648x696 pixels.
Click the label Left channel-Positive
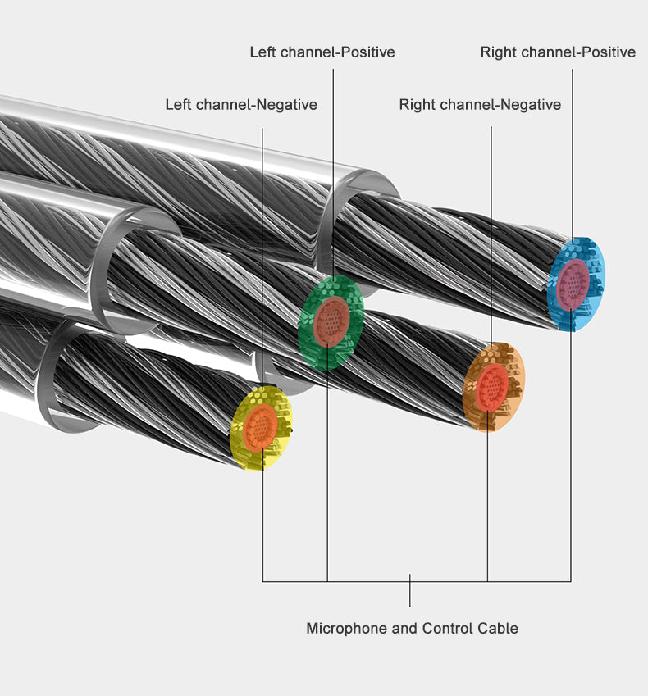[322, 52]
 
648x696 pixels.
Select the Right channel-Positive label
[558, 52]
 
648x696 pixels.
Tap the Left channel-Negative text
[241, 105]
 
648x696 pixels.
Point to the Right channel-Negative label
[480, 105]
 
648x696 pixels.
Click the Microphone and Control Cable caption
[412, 629]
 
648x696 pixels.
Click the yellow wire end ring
[244, 443]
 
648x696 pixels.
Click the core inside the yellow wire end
[261, 427]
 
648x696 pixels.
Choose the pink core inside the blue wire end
[572, 283]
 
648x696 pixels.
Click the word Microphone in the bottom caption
[345, 629]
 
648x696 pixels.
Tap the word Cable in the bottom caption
[499, 629]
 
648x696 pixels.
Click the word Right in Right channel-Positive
[499, 52]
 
